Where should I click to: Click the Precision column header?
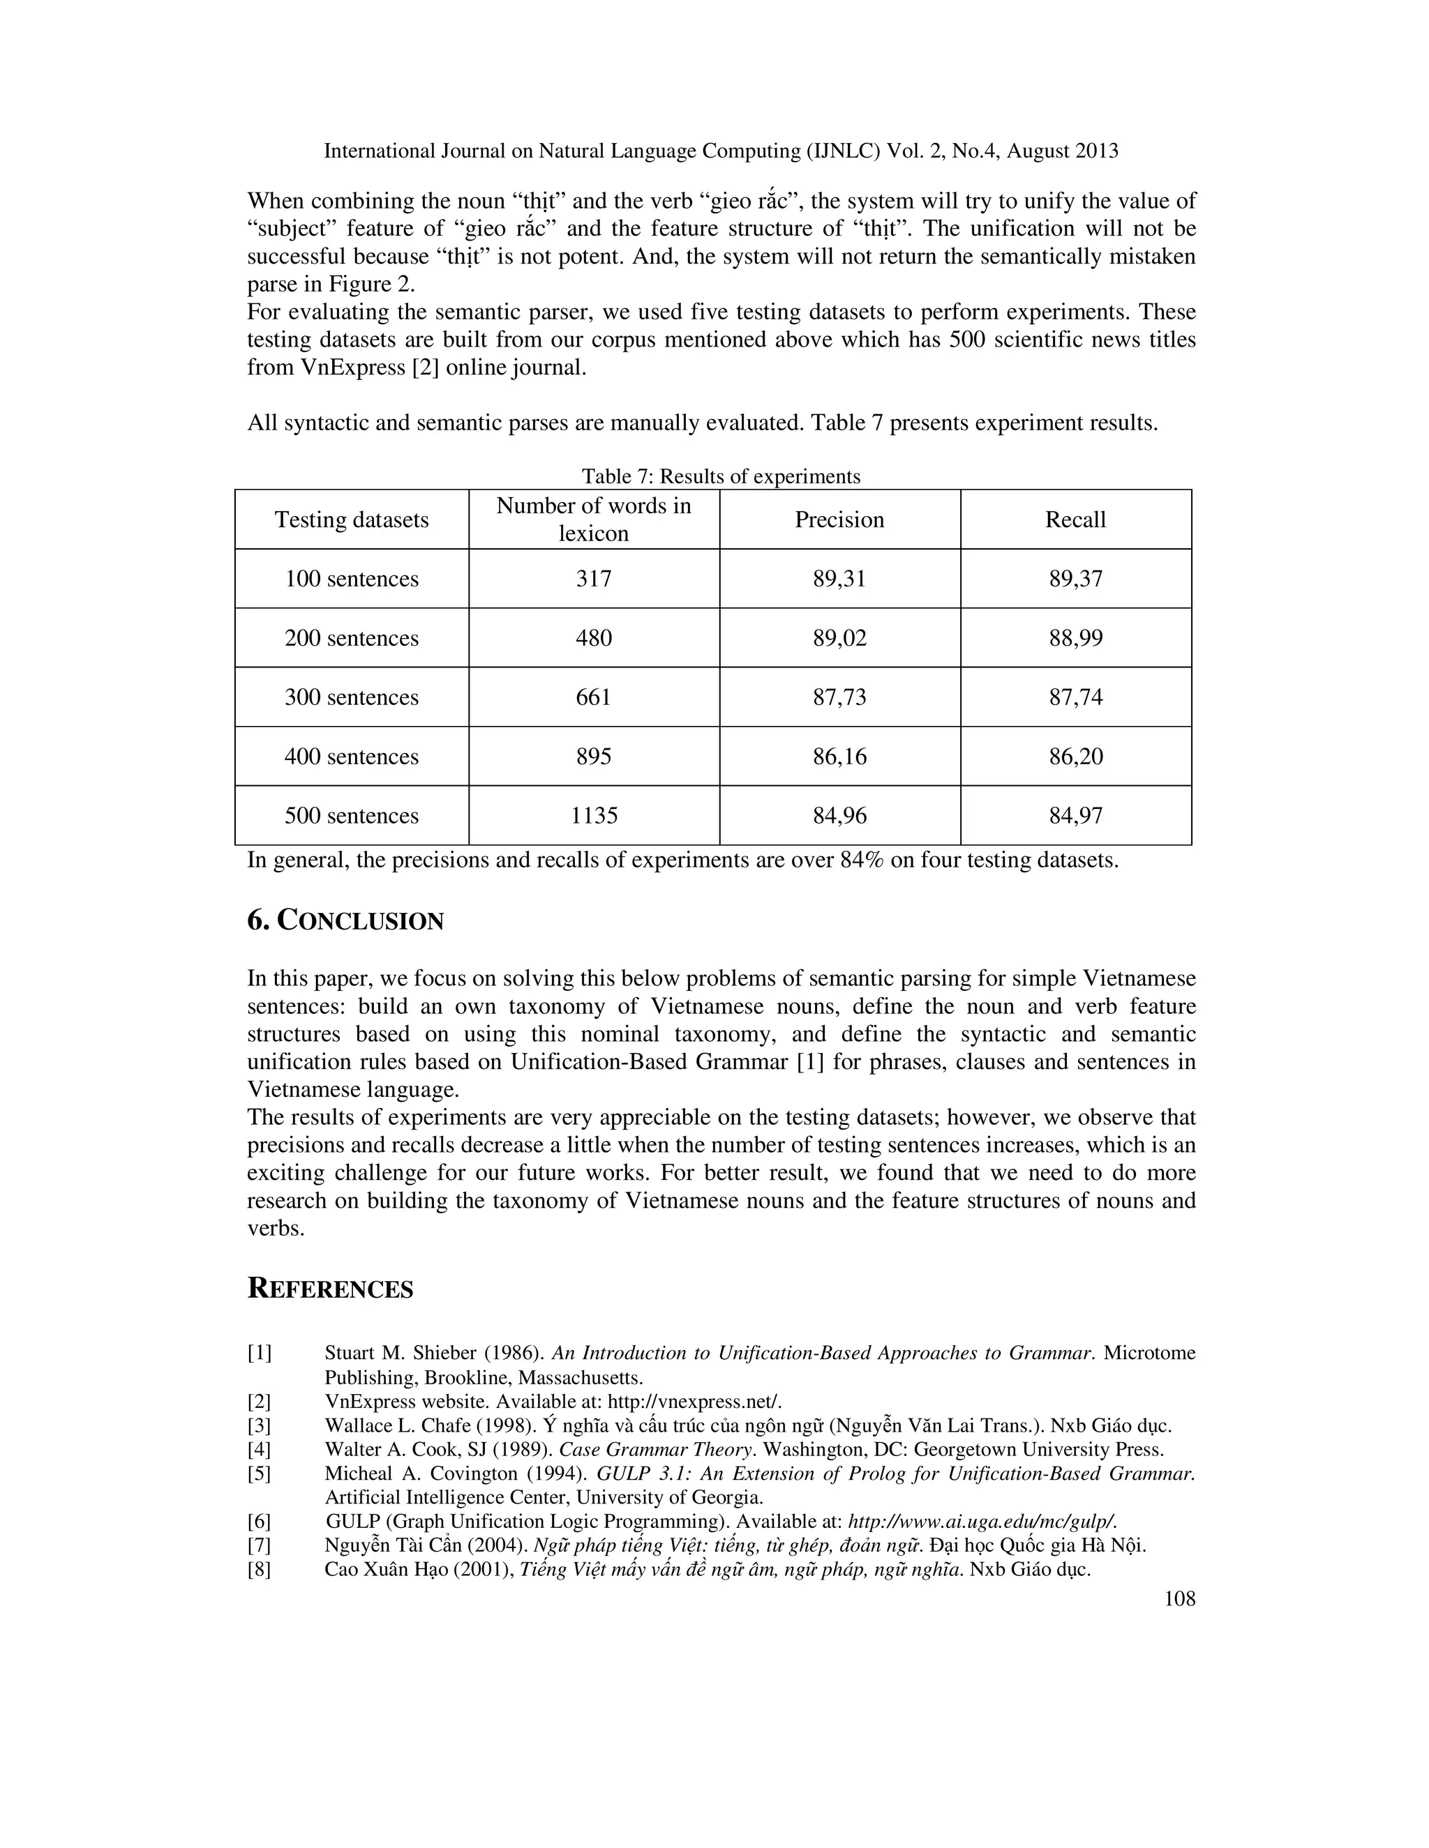point(839,520)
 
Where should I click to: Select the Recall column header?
point(1075,520)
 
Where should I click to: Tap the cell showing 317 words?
point(594,579)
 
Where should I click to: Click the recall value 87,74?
point(1076,697)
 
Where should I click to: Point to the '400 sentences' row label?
point(352,757)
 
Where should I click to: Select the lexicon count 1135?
point(594,816)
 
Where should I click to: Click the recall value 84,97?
point(1076,816)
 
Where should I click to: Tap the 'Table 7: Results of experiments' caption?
point(720,476)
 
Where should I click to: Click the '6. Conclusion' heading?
point(345,921)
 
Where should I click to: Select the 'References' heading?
point(330,1289)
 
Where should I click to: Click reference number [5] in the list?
point(259,1473)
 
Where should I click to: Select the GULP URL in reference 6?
point(982,1522)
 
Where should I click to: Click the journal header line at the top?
point(720,151)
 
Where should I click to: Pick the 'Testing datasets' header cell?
point(352,520)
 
